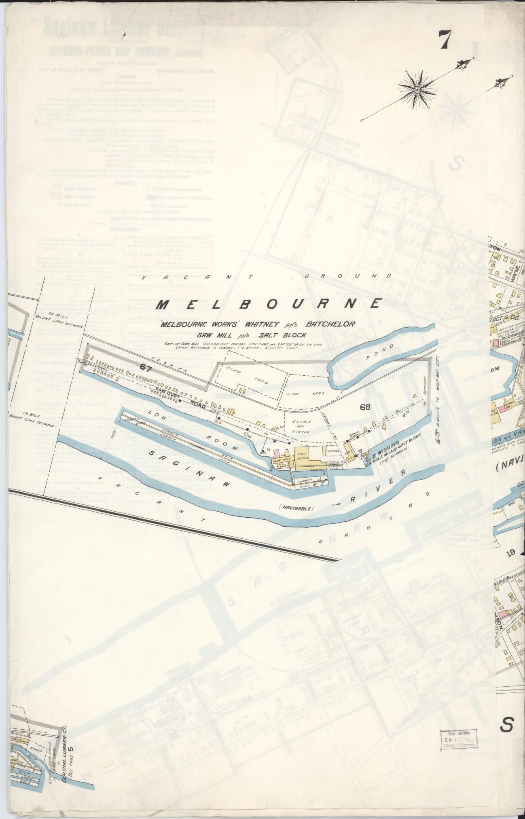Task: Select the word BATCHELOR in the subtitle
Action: click(x=330, y=324)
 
